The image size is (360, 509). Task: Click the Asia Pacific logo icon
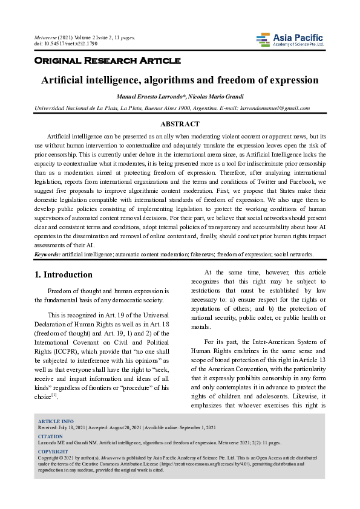click(x=263, y=40)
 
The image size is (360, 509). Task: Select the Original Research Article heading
click(x=108, y=60)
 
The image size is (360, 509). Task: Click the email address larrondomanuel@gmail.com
click(x=276, y=108)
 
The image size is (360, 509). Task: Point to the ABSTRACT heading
click(x=180, y=124)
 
